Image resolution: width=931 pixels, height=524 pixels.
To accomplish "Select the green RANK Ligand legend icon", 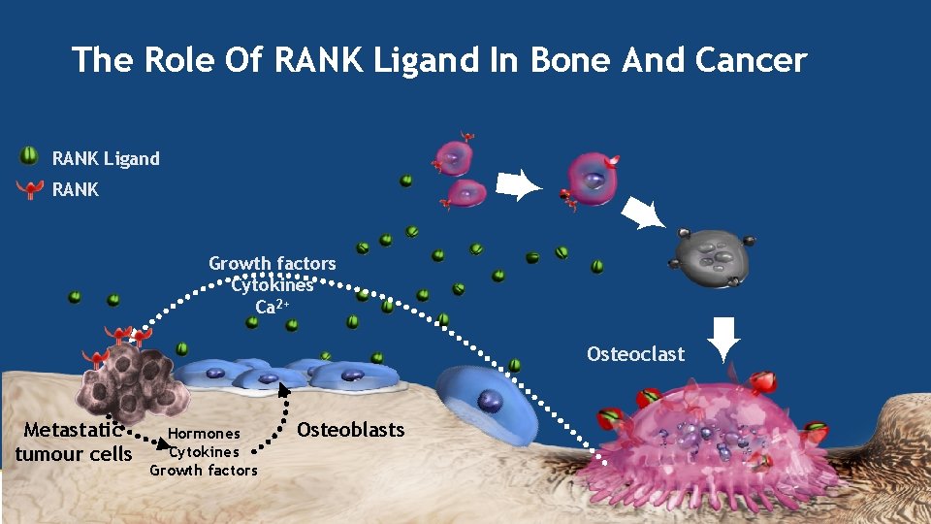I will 30,156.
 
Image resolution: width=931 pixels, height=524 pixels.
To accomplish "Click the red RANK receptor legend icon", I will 32,189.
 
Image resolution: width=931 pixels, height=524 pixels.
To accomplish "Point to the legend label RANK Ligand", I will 106,158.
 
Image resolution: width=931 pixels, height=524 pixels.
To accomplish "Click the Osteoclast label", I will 635,354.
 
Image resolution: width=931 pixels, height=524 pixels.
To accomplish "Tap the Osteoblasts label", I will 350,429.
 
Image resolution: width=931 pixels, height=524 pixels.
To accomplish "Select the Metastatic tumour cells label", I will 74,442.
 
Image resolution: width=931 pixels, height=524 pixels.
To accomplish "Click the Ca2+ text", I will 272,307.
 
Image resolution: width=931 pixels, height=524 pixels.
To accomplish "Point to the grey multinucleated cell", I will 712,257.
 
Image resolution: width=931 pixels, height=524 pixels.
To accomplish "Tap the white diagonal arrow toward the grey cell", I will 644,211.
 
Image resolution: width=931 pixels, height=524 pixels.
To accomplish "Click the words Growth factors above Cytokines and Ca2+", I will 272,263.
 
